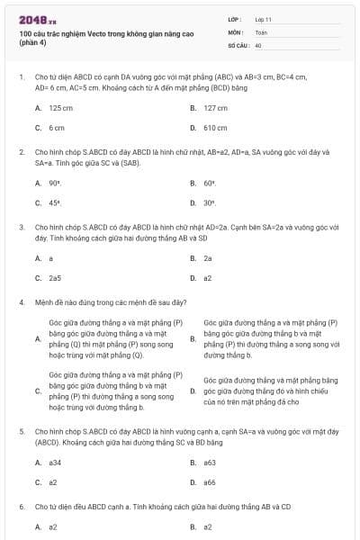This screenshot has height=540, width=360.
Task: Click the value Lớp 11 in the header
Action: [x=264, y=19]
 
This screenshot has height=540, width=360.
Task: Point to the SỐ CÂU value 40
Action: [x=258, y=44]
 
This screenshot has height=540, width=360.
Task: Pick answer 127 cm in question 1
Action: [x=215, y=108]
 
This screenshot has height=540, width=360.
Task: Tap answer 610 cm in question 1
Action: [x=215, y=128]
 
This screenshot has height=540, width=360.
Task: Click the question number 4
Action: [x=21, y=302]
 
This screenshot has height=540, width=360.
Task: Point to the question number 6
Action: [x=21, y=507]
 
